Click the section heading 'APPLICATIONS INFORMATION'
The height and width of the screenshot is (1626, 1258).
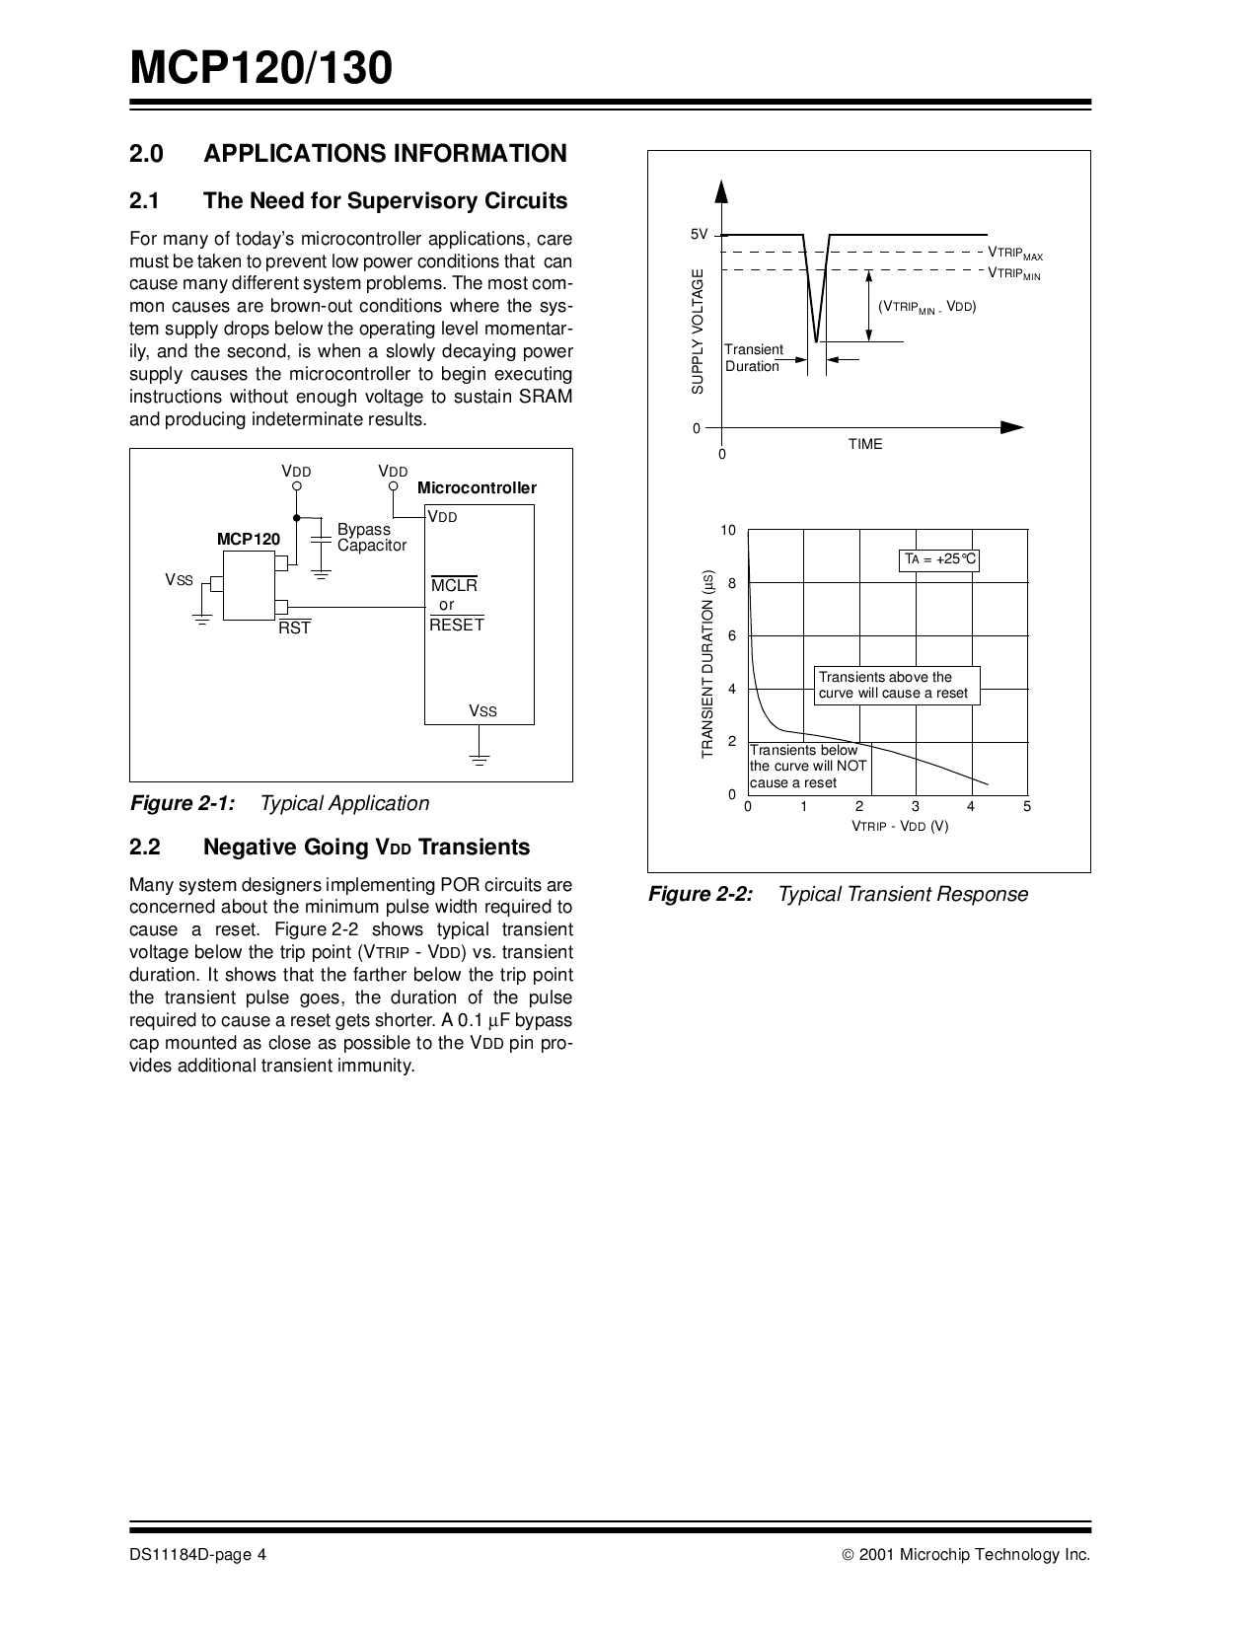tap(385, 154)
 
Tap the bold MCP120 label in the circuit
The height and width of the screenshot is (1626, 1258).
tap(249, 540)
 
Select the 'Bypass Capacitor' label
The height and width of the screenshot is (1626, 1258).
tap(371, 538)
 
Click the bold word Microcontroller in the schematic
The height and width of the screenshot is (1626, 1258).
tap(477, 488)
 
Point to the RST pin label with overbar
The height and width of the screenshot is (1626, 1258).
tap(294, 628)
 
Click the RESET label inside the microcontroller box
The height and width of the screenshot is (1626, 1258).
tap(457, 625)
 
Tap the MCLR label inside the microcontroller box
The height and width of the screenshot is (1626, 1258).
tap(455, 585)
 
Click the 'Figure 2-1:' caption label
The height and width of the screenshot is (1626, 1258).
tap(183, 803)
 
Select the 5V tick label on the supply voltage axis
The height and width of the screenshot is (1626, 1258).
tap(699, 234)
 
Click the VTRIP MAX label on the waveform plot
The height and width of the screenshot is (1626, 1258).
tap(1015, 254)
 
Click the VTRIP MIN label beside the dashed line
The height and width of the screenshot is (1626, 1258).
tap(1014, 273)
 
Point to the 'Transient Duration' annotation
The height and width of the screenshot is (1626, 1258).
tap(753, 358)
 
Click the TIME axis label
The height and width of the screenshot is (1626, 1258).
tap(865, 444)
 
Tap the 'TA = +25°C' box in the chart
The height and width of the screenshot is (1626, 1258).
tap(940, 559)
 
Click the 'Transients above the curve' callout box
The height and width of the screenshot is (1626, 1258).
tap(897, 685)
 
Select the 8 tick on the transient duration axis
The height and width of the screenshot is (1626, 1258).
tap(731, 583)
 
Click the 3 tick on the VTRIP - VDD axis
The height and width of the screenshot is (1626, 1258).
tap(915, 807)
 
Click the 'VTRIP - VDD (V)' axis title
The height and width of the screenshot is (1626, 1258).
tap(900, 826)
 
